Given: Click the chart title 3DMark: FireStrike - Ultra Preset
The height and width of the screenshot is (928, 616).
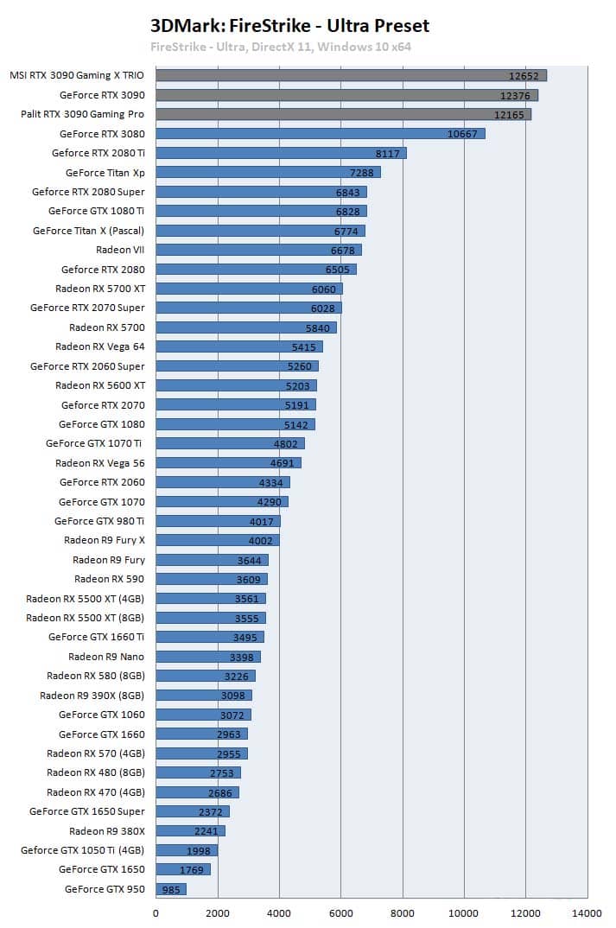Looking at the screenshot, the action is click(x=289, y=25).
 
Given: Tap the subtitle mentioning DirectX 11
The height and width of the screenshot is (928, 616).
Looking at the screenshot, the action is click(x=281, y=47).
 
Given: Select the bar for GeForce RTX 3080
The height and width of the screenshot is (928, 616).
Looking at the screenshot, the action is click(x=321, y=134).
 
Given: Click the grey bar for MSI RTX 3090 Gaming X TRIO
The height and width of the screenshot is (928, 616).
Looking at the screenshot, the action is click(x=352, y=75).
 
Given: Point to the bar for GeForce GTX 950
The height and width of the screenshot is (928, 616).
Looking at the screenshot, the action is click(x=171, y=889).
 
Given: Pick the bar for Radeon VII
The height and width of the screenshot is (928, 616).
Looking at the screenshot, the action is click(x=258, y=250).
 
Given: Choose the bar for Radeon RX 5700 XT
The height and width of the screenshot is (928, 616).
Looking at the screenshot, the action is click(x=249, y=289).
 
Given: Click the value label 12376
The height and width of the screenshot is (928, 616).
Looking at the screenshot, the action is click(x=515, y=96).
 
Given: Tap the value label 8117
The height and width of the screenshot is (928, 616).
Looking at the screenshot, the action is click(x=388, y=154).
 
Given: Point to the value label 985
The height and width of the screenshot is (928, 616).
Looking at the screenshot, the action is click(x=171, y=889).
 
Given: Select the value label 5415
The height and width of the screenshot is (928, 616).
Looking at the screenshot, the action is click(x=303, y=347).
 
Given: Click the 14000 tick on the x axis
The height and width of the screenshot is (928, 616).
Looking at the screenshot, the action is click(x=587, y=913).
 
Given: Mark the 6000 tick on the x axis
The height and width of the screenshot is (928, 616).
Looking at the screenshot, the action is click(x=341, y=913).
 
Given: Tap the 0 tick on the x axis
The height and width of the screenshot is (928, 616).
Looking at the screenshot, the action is click(x=156, y=913).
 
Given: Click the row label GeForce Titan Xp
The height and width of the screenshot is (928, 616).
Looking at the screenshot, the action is click(x=105, y=173).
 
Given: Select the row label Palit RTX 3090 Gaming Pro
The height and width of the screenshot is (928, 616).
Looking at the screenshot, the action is click(x=82, y=114).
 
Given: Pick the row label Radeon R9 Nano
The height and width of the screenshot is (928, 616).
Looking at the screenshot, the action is click(x=106, y=657).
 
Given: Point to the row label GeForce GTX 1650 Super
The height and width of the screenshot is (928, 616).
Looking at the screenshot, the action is click(x=87, y=811).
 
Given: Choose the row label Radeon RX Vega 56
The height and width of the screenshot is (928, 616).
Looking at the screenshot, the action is click(x=100, y=463).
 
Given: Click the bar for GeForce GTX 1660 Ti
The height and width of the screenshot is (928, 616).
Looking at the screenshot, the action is click(x=210, y=637).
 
